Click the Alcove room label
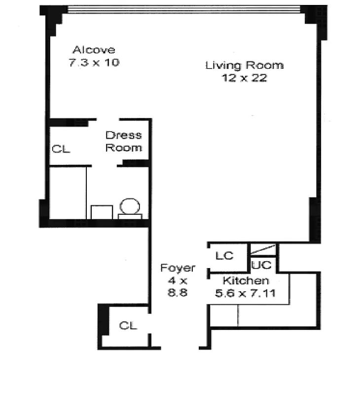(94, 50)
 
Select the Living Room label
(244, 65)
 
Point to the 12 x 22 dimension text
(244, 78)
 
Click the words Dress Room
(123, 141)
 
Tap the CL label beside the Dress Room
(61, 149)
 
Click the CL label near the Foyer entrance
(128, 325)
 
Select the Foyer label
(178, 268)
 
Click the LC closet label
(224, 256)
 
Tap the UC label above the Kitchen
(261, 265)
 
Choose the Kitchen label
(246, 281)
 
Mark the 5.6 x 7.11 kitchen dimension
(245, 293)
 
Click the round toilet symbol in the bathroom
(130, 206)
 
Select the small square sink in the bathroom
(102, 212)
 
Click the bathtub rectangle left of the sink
(68, 193)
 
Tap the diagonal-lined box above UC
(263, 249)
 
